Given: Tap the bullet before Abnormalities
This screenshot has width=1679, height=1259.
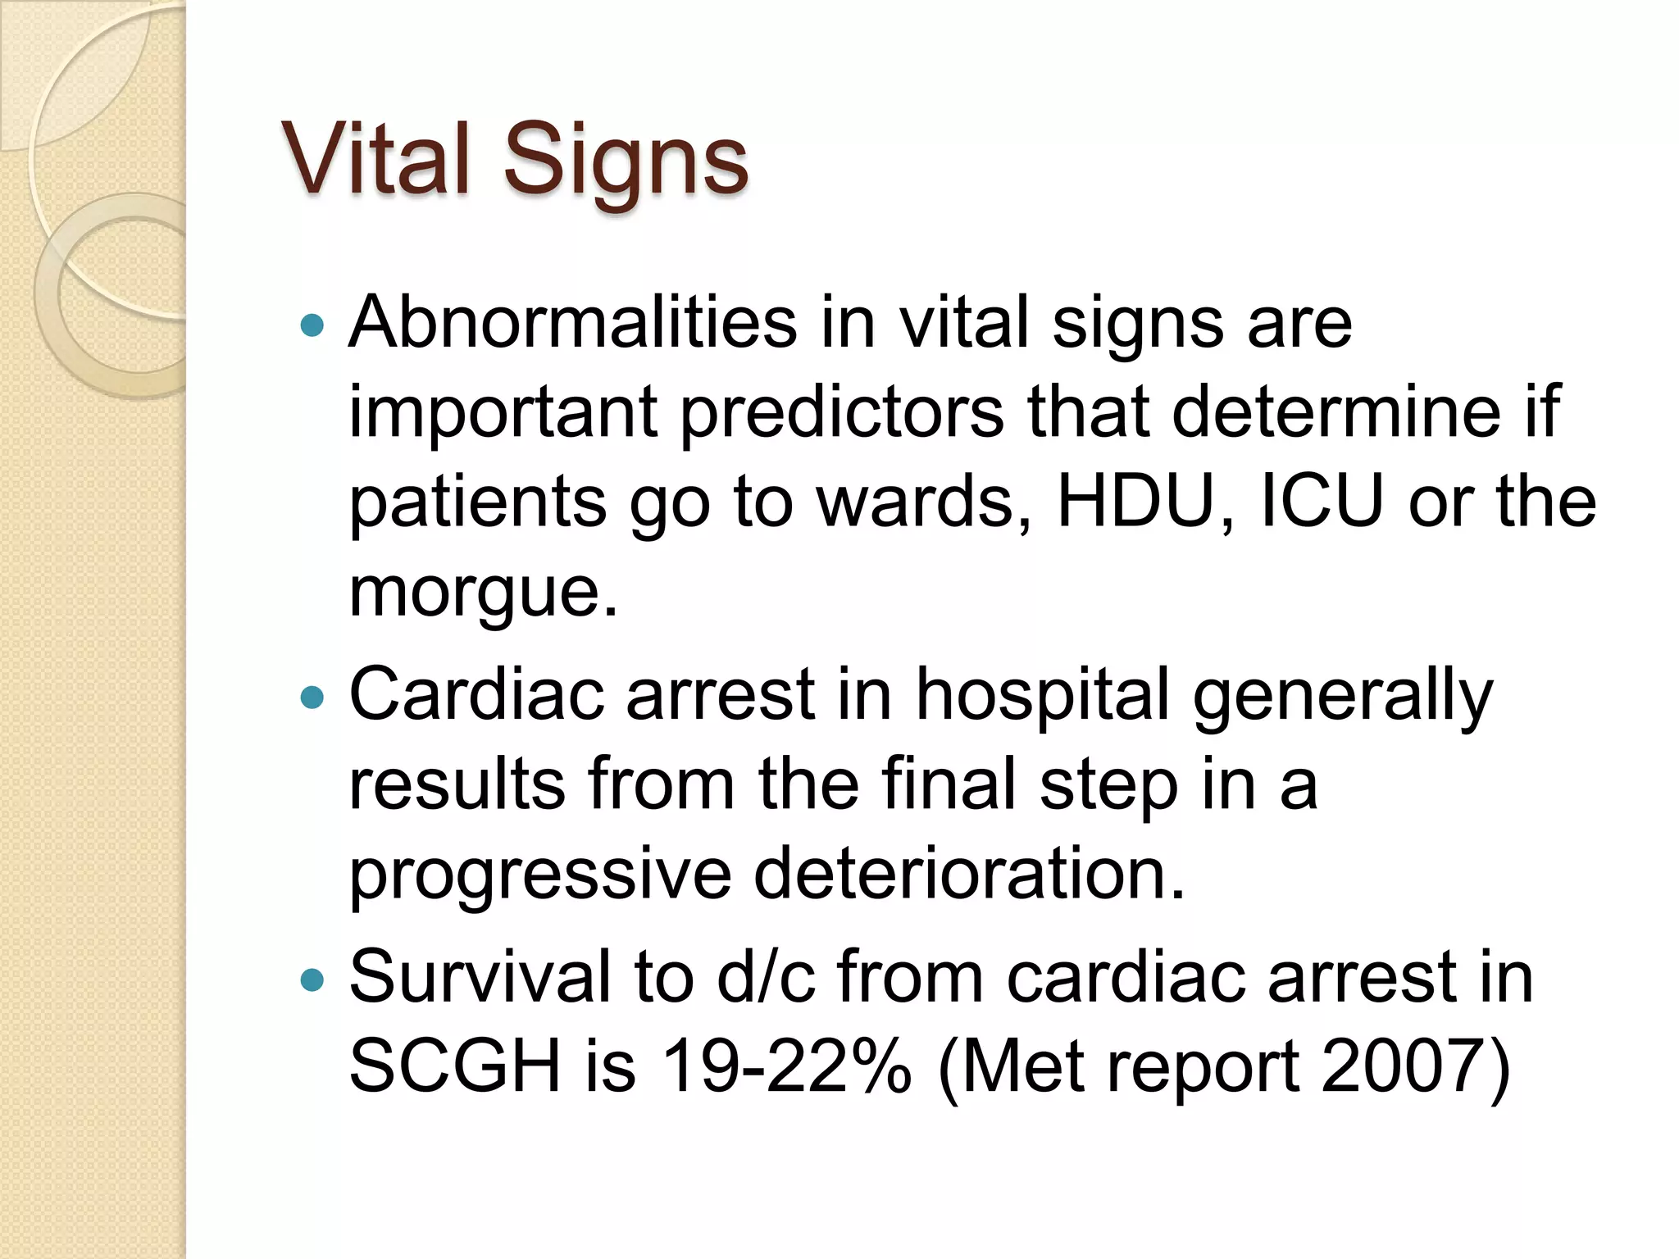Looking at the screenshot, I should click(x=312, y=326).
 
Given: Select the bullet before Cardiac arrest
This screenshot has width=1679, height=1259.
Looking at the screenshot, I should click(x=312, y=698).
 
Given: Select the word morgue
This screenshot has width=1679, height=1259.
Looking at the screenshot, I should click(x=483, y=592).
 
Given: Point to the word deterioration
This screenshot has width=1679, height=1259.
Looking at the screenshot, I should click(x=969, y=873).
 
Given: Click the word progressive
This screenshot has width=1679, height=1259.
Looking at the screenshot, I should click(x=540, y=875).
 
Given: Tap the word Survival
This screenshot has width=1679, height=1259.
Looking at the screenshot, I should click(x=480, y=976).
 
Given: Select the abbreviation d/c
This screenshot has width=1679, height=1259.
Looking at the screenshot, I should click(x=766, y=976).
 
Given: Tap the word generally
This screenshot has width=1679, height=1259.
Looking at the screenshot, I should click(x=1342, y=698).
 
